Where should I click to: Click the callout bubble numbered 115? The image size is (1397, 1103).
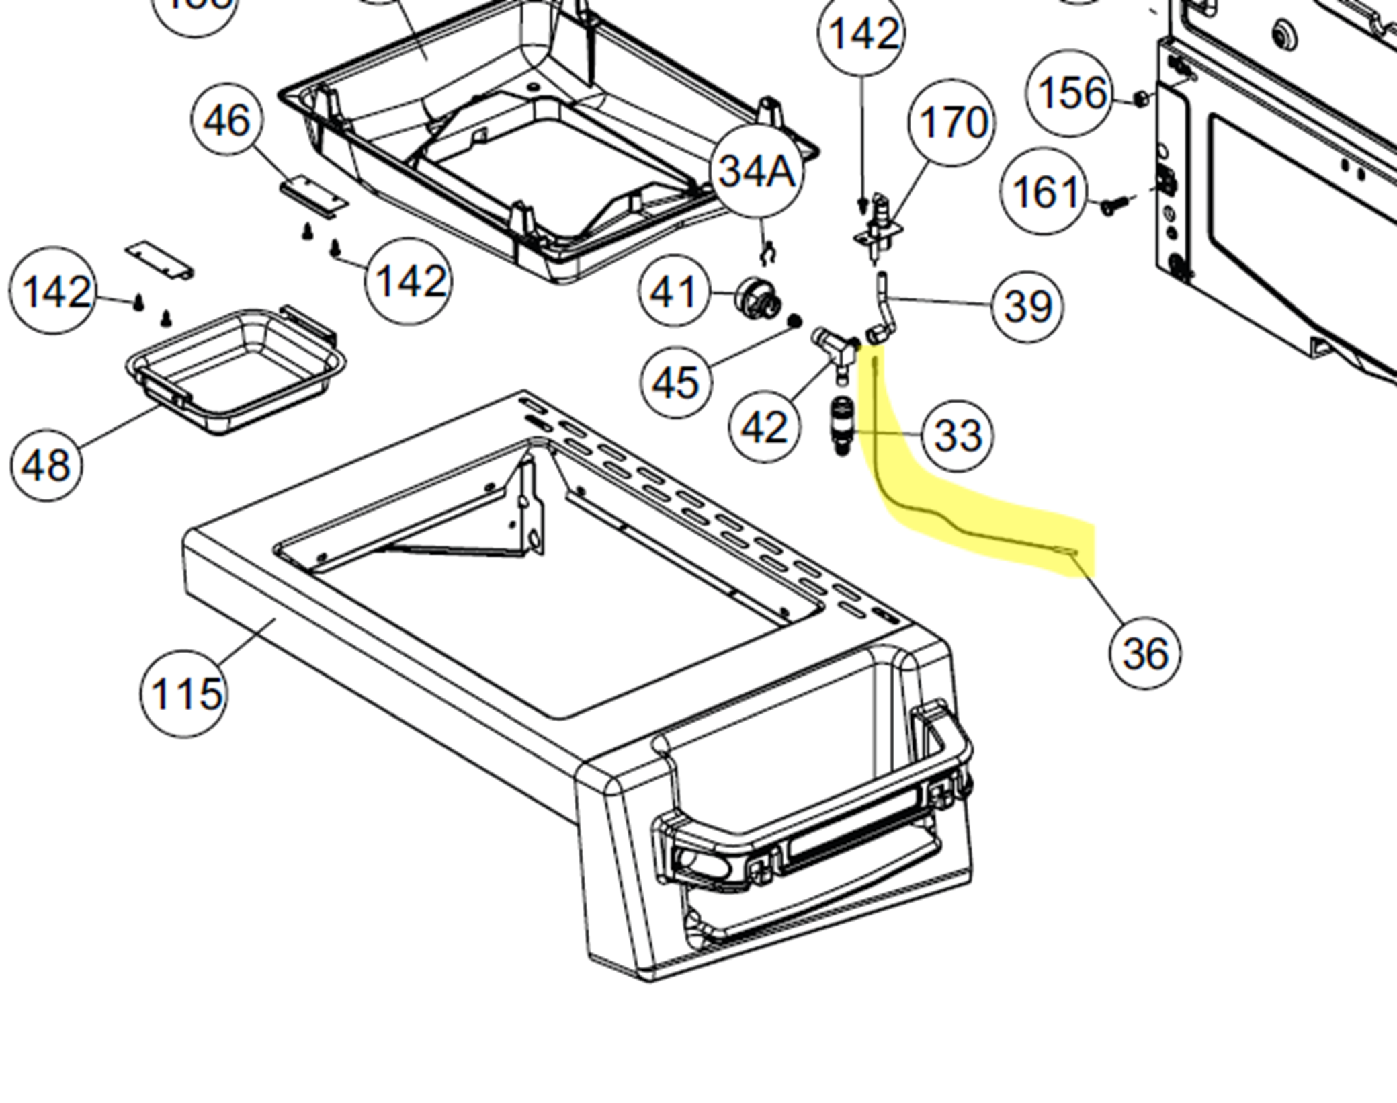(x=184, y=693)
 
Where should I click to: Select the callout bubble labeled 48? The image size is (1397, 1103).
(x=46, y=464)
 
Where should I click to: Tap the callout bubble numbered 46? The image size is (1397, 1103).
(x=227, y=122)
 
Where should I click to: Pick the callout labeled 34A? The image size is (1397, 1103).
(x=757, y=172)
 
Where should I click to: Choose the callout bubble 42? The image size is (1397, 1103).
(x=765, y=427)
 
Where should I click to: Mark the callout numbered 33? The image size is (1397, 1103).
(x=957, y=435)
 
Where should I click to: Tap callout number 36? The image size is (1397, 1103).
(x=1145, y=652)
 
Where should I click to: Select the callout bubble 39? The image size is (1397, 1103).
(x=1027, y=307)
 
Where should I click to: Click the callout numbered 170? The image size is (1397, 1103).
(x=952, y=123)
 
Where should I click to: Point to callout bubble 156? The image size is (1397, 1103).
(x=1072, y=93)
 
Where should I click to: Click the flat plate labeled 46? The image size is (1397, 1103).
(x=314, y=196)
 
